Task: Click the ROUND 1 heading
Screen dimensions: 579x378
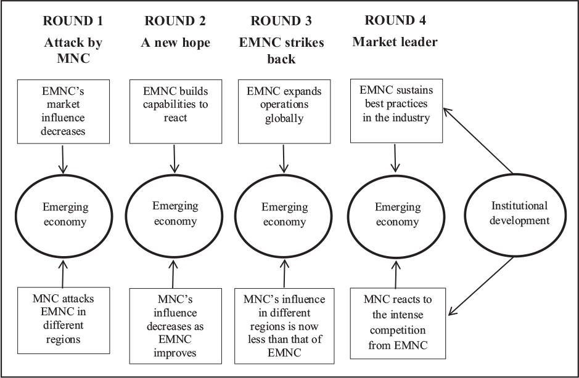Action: [73, 21]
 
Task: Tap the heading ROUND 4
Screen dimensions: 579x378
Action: [395, 20]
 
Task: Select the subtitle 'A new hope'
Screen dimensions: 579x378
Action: [175, 42]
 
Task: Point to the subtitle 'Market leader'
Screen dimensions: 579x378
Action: [395, 42]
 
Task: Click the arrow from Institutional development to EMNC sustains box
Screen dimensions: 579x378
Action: [478, 140]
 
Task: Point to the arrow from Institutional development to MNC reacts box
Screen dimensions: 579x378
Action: [481, 286]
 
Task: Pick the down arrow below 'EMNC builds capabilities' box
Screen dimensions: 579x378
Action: [175, 159]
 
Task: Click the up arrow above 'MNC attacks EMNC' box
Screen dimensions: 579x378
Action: [63, 273]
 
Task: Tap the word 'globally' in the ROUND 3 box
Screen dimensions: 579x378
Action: [284, 118]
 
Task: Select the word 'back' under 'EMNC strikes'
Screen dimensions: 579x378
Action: [281, 59]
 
